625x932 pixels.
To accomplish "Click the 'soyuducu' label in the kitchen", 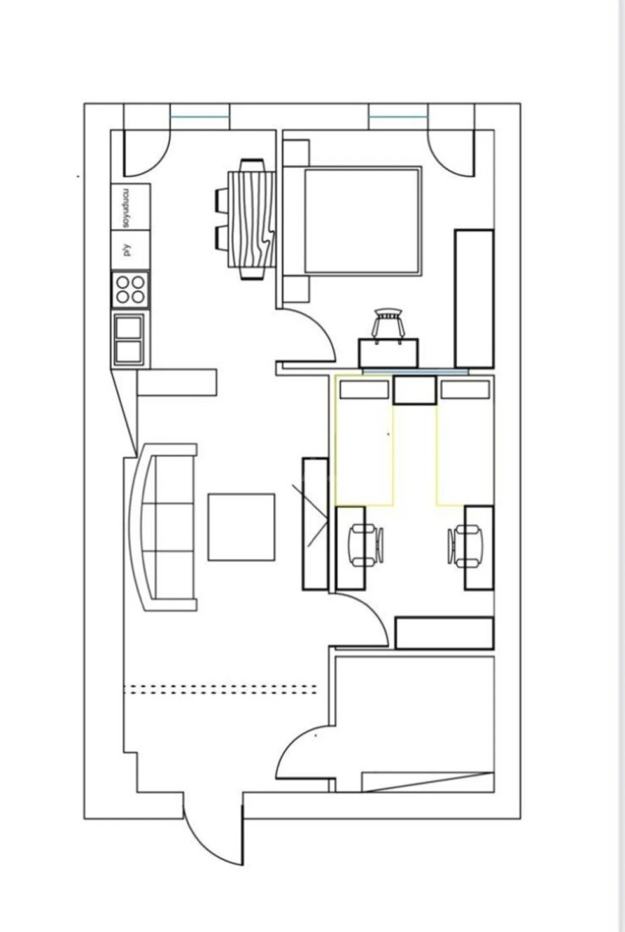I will [125, 207].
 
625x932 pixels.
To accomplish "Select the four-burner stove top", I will [130, 290].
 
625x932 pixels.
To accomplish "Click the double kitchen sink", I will [129, 340].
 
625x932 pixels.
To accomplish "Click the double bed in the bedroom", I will [361, 221].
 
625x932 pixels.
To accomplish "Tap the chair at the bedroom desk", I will [389, 324].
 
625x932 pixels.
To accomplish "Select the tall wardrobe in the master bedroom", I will [474, 299].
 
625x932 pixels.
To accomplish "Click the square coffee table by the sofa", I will [241, 527].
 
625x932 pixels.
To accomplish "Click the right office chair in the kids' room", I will [465, 545].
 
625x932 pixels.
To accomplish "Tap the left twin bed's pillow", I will [364, 390].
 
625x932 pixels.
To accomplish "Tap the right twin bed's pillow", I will [465, 390].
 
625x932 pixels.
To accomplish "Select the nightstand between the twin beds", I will [414, 390].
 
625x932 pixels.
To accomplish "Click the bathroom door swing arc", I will [303, 751].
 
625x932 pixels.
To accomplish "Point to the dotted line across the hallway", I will [221, 689].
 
